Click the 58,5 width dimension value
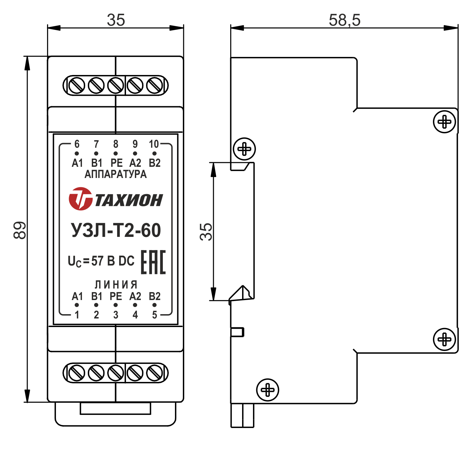coord(344,20)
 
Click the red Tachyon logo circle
coord(80,199)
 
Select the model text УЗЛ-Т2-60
coord(116,230)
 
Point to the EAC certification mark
coord(153,262)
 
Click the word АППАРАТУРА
coord(115,174)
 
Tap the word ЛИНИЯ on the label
coord(116,284)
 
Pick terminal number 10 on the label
coord(154,144)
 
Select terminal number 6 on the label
coord(77,144)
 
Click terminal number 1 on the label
coord(77,315)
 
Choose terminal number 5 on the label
coord(154,315)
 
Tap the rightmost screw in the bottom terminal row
coord(154,373)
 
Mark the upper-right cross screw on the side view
coord(444,122)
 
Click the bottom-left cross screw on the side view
coord(267,390)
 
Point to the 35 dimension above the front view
coord(116,20)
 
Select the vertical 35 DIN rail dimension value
coord(206,232)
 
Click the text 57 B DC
coord(113,261)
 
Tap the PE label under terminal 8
coord(116,163)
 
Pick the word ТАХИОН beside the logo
coord(129,200)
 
